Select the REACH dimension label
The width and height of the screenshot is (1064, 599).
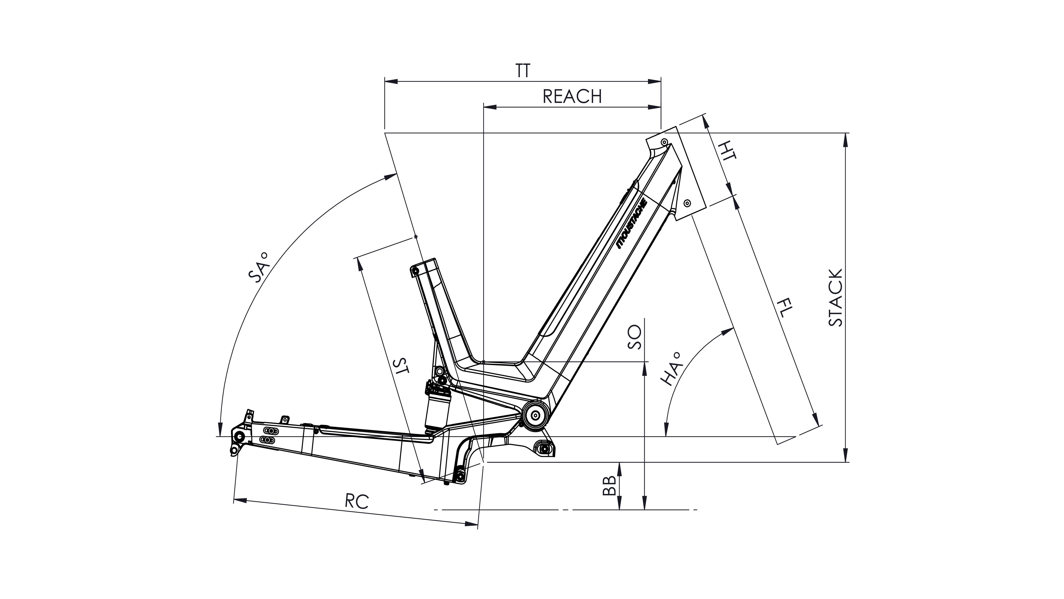(x=572, y=97)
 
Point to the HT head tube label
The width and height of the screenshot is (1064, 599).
(x=727, y=151)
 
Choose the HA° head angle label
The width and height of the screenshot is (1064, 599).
(x=670, y=368)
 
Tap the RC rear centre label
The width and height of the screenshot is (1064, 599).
(x=357, y=502)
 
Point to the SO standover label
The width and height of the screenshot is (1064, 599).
(x=634, y=337)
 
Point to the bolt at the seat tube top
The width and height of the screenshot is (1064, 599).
(x=415, y=271)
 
